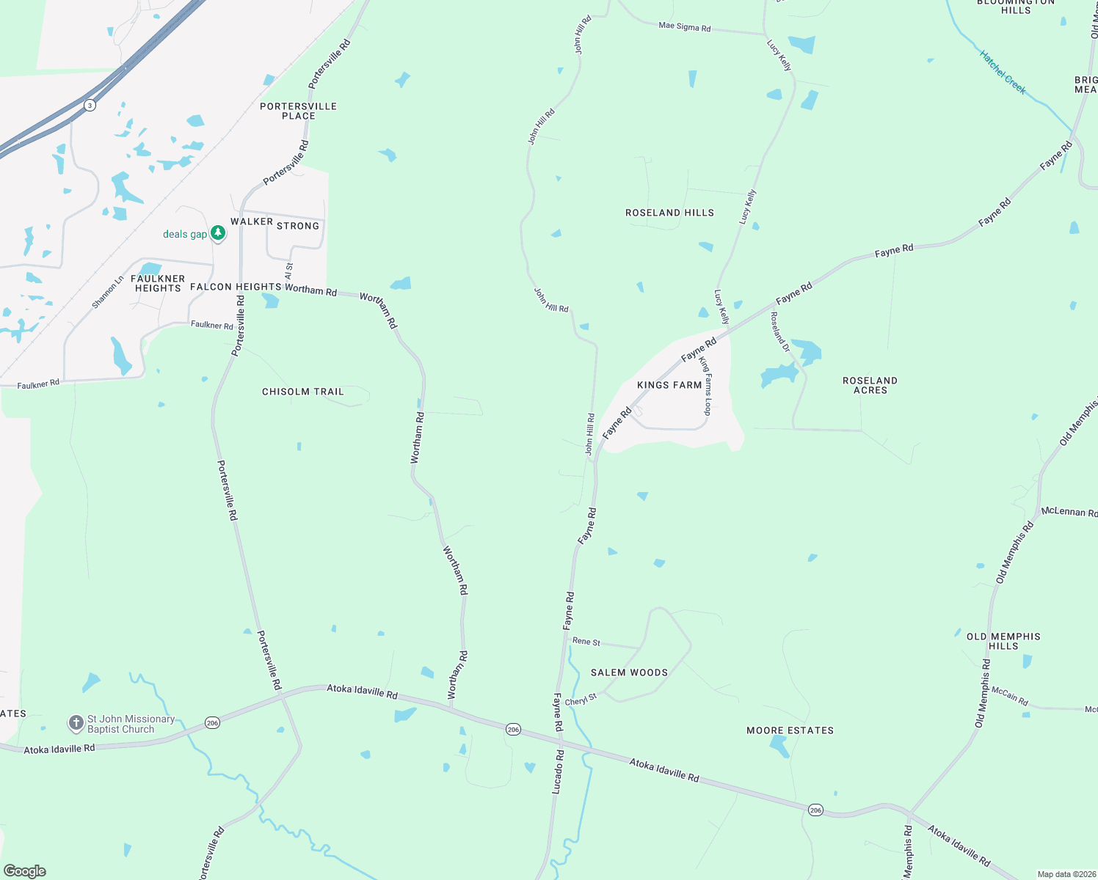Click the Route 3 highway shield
point(90,105)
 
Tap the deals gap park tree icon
point(217,233)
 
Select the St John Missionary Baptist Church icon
point(76,724)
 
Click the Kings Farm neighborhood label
point(669,385)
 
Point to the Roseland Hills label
point(669,213)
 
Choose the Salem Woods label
point(629,672)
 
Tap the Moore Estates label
point(790,730)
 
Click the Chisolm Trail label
point(303,392)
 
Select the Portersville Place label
point(298,111)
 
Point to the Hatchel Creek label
point(1003,72)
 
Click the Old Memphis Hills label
point(1003,641)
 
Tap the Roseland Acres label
point(870,385)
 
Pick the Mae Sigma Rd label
point(684,26)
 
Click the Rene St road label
point(586,642)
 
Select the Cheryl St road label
point(581,700)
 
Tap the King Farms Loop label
point(706,386)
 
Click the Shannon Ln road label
point(108,292)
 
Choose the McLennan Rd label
point(1069,511)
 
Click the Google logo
point(25,870)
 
